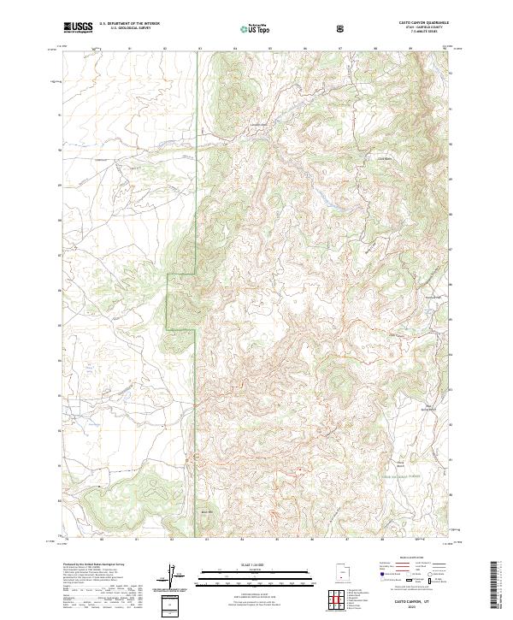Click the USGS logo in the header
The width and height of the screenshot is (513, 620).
click(x=78, y=27)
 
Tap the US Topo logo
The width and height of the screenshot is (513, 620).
click(x=254, y=28)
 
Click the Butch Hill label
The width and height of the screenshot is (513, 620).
click(x=205, y=511)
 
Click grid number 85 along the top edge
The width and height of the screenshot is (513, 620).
click(x=269, y=49)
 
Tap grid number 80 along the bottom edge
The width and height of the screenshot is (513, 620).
click(x=102, y=540)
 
